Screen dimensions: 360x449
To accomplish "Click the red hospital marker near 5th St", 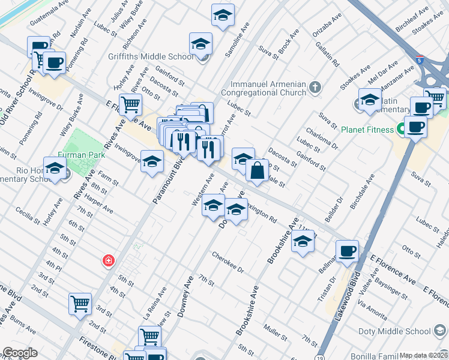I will tap(108, 261).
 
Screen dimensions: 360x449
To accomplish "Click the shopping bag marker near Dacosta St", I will tap(257, 170).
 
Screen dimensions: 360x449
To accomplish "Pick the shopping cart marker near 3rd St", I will tap(80, 304).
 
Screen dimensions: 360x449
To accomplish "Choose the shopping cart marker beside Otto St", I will tap(130, 105).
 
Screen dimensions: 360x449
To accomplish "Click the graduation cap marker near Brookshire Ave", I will tap(303, 242).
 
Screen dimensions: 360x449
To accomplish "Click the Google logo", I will tap(20, 353).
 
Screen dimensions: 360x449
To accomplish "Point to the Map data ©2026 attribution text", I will tap(423, 355).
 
